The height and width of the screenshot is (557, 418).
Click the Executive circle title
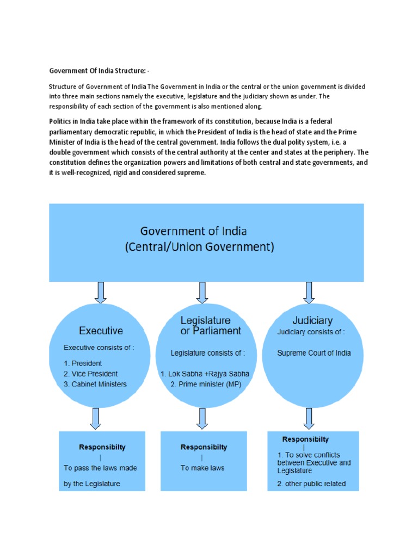click(101, 330)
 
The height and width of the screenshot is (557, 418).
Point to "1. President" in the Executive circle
click(83, 363)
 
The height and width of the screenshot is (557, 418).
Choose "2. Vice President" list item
click(90, 374)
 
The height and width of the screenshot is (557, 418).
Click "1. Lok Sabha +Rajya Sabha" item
click(205, 374)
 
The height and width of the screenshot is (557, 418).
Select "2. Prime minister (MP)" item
click(205, 384)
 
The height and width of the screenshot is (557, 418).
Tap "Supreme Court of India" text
click(314, 352)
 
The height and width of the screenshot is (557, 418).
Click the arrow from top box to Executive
click(101, 292)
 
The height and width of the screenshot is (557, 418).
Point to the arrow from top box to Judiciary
click(309, 292)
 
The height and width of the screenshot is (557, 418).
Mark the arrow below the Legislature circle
click(202, 418)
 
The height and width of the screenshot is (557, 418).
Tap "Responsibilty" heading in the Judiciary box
click(305, 439)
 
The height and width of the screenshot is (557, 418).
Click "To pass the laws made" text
click(100, 468)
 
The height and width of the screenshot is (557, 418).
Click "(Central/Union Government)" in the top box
click(199, 246)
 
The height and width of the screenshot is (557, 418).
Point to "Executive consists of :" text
click(99, 347)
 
